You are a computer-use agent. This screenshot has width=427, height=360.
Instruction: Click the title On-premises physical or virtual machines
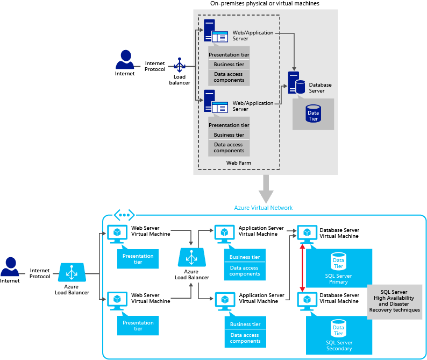(266, 4)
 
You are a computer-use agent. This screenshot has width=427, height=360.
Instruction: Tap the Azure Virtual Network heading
(263, 208)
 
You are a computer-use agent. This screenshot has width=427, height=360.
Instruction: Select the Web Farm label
(238, 163)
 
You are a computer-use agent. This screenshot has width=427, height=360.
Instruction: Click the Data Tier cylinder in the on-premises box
(313, 113)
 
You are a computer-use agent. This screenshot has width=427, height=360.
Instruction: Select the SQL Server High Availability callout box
(394, 302)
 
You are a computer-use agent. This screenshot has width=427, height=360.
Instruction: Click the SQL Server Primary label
(339, 278)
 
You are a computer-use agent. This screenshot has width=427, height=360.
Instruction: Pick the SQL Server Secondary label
(339, 345)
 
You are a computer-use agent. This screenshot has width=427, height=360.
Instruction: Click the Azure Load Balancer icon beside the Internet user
(72, 272)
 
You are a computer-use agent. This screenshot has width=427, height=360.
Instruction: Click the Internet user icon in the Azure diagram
(9, 266)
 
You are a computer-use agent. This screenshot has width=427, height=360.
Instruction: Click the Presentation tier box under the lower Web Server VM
(138, 326)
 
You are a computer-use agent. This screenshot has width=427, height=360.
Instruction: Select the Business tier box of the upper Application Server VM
(245, 257)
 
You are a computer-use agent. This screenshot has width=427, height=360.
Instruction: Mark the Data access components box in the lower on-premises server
(229, 147)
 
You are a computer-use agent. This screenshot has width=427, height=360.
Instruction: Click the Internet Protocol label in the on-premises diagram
(155, 66)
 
